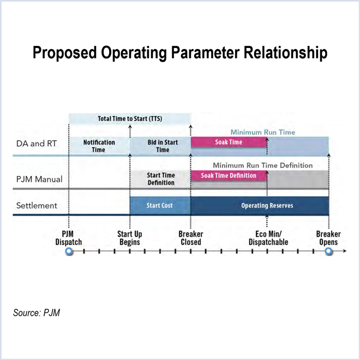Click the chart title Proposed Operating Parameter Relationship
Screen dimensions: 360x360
point(180,53)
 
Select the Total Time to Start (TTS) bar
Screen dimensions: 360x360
point(130,118)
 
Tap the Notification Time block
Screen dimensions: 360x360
point(99,146)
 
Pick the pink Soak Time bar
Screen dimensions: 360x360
point(229,142)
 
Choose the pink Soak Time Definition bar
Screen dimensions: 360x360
point(229,176)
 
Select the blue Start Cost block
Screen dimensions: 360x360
point(160,206)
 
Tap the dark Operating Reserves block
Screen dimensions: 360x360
point(260,206)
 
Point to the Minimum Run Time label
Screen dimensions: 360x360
point(262,132)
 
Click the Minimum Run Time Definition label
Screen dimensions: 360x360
point(262,165)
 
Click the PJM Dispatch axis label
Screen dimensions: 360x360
point(69,238)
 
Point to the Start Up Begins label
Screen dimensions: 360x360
point(129,238)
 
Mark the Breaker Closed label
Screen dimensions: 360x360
point(190,238)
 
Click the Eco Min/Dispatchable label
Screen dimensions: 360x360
point(268,238)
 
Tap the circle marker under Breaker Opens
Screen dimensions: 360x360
point(328,251)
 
